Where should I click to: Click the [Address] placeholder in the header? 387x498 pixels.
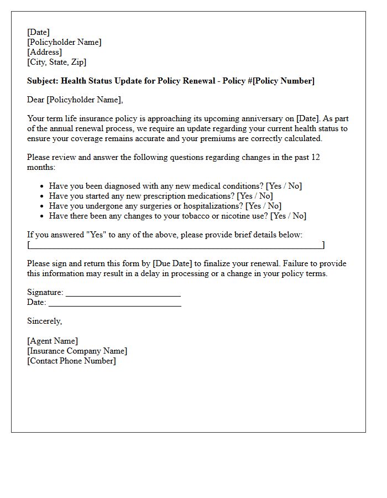click(x=44, y=52)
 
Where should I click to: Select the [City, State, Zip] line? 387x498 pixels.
click(x=56, y=62)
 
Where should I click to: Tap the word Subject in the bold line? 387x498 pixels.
click(x=42, y=81)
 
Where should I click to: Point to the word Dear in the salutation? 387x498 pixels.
click(x=35, y=100)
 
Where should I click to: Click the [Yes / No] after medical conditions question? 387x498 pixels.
click(x=284, y=186)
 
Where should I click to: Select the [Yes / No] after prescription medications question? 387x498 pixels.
click(x=254, y=196)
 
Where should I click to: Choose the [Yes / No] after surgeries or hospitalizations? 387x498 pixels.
click(x=263, y=206)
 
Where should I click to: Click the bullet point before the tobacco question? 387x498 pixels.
click(x=43, y=216)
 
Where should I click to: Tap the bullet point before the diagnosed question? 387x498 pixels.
click(x=43, y=186)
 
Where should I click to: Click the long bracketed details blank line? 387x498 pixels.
click(x=176, y=245)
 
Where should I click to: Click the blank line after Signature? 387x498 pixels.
click(x=123, y=293)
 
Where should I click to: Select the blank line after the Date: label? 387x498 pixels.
click(x=114, y=303)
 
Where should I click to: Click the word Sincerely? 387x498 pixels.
click(x=44, y=321)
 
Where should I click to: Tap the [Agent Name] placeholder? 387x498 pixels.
click(x=53, y=341)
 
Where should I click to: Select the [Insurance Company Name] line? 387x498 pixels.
click(x=77, y=351)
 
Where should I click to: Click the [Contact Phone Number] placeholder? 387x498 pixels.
click(x=71, y=361)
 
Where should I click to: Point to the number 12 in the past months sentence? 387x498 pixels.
click(x=315, y=157)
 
